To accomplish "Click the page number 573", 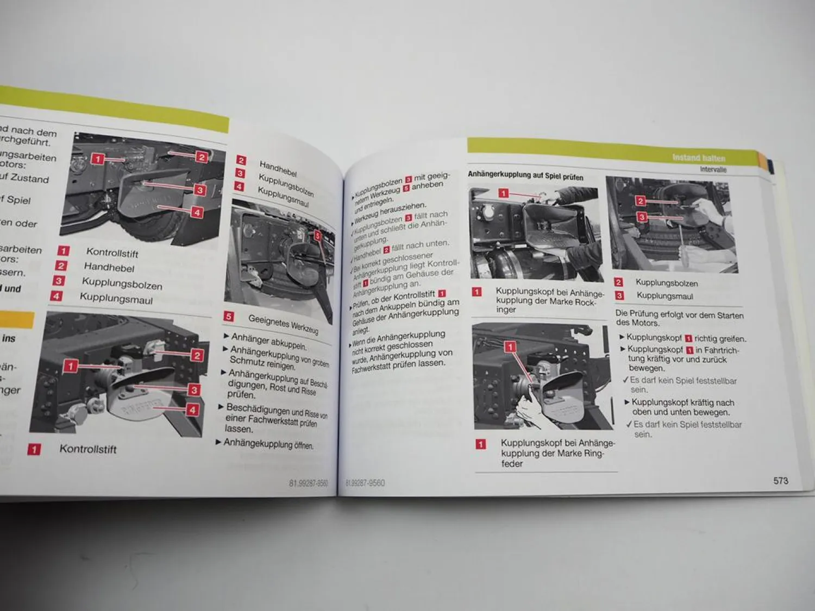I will (780, 481).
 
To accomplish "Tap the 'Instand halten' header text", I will (698, 158).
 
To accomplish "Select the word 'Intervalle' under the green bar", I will (713, 169).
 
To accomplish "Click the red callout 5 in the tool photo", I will (318, 236).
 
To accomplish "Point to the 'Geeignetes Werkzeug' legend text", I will (283, 324).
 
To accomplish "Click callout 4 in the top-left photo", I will (197, 212).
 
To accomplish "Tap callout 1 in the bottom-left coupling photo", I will (70, 366).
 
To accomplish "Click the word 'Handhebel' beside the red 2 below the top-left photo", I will (109, 267).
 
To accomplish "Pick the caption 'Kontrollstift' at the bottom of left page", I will (88, 449).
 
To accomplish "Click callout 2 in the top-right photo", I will (640, 201).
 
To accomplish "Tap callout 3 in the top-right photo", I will (642, 217).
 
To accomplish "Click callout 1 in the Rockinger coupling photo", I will (503, 193).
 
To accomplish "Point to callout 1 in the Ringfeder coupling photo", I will (510, 347).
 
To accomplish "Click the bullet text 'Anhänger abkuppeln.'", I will (269, 342).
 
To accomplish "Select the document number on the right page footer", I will (365, 482).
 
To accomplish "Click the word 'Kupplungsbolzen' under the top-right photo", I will (667, 283).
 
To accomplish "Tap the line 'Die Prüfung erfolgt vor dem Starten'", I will (679, 314).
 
